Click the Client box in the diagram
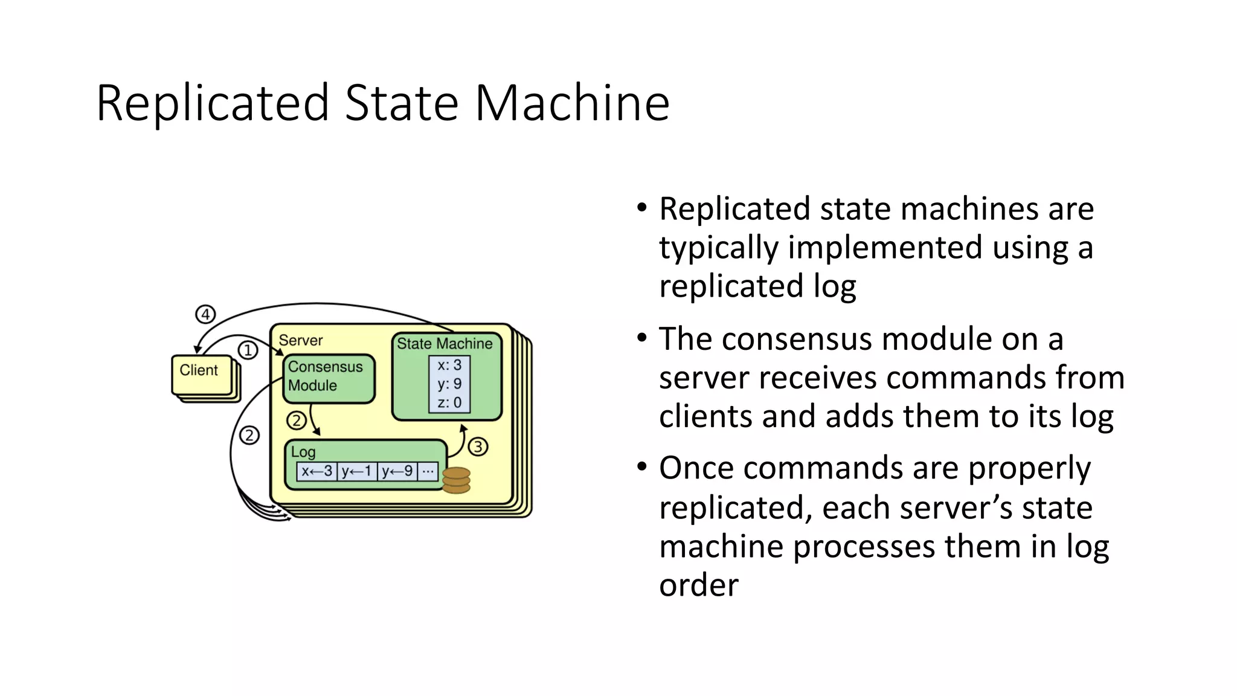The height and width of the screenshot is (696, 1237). click(x=202, y=373)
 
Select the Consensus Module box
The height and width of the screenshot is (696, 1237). click(x=329, y=378)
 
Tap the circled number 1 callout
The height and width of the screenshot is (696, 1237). click(x=248, y=350)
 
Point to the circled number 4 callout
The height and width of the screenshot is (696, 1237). click(x=205, y=314)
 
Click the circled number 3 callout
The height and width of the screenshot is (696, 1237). click(x=478, y=447)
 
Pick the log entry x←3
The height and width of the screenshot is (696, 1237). click(x=317, y=471)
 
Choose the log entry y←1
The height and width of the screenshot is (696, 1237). click(x=356, y=471)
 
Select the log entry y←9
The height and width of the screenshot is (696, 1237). click(x=397, y=471)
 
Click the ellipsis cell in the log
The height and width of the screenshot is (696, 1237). click(x=428, y=471)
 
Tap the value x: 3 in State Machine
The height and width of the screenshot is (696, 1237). click(x=449, y=365)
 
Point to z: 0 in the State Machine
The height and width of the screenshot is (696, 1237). click(x=449, y=402)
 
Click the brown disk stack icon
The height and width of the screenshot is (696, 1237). click(x=456, y=480)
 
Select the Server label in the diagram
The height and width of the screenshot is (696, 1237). click(x=301, y=340)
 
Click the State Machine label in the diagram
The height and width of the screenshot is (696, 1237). click(x=445, y=344)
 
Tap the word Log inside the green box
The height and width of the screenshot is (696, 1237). click(x=303, y=452)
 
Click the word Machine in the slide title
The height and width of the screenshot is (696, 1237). click(x=572, y=103)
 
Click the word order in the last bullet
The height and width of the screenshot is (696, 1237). click(x=699, y=585)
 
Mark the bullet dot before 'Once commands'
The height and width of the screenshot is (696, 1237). click(x=642, y=466)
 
